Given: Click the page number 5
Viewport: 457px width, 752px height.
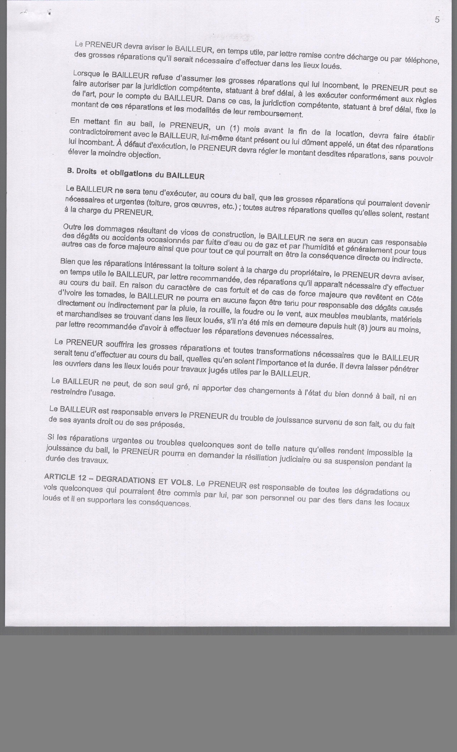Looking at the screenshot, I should point(437,20).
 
